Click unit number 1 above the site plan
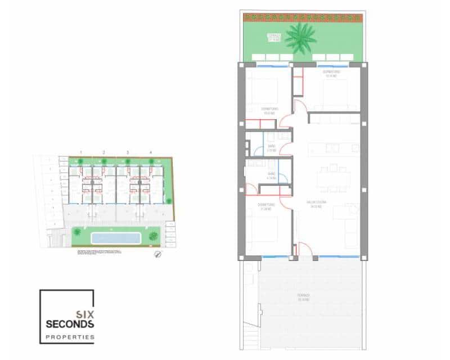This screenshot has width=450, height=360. pos(81,152)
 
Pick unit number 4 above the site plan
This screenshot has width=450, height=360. pos(150,152)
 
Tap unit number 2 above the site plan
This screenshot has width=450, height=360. pos(103,152)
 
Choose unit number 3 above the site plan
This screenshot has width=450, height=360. pos(128,152)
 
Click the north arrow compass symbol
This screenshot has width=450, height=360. pos(158,254)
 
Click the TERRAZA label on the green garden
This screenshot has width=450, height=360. pos(274,37)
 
